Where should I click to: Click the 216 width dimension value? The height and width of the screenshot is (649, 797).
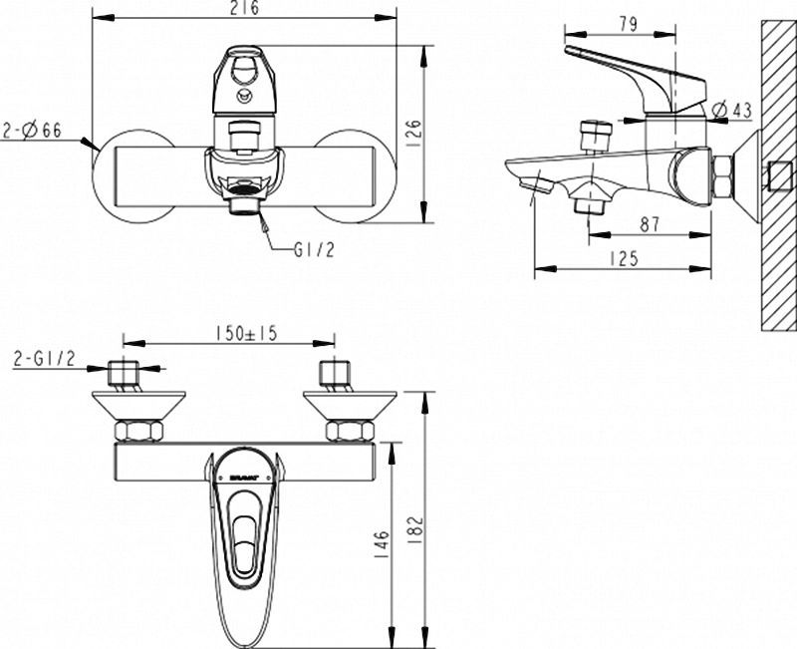238,9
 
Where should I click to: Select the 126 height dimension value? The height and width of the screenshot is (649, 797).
415,131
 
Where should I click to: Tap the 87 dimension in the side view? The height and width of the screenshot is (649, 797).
650,226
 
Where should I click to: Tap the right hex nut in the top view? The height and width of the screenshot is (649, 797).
341,432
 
